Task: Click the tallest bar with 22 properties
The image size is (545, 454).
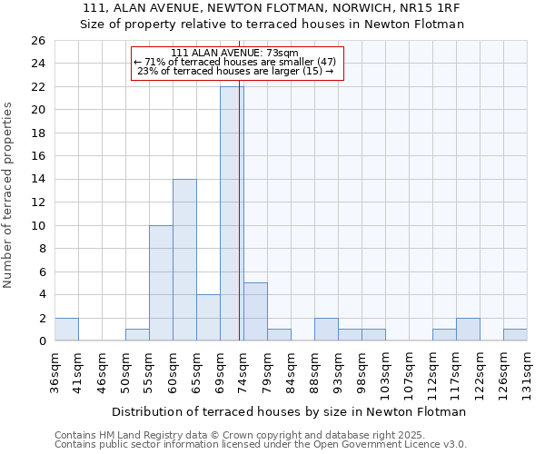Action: [x=232, y=213]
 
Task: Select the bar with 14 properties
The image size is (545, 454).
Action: [x=184, y=260]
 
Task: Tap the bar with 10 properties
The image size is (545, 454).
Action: [x=161, y=282]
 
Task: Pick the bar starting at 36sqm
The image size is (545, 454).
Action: [x=66, y=330]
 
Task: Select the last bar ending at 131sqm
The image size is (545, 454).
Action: [x=515, y=335]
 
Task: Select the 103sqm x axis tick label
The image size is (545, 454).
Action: [x=385, y=373]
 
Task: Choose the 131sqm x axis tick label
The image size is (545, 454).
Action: [x=527, y=373]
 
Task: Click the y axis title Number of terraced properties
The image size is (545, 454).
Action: [x=8, y=195]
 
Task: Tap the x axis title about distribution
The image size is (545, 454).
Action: [x=289, y=411]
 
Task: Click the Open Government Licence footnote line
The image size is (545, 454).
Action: [x=261, y=445]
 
